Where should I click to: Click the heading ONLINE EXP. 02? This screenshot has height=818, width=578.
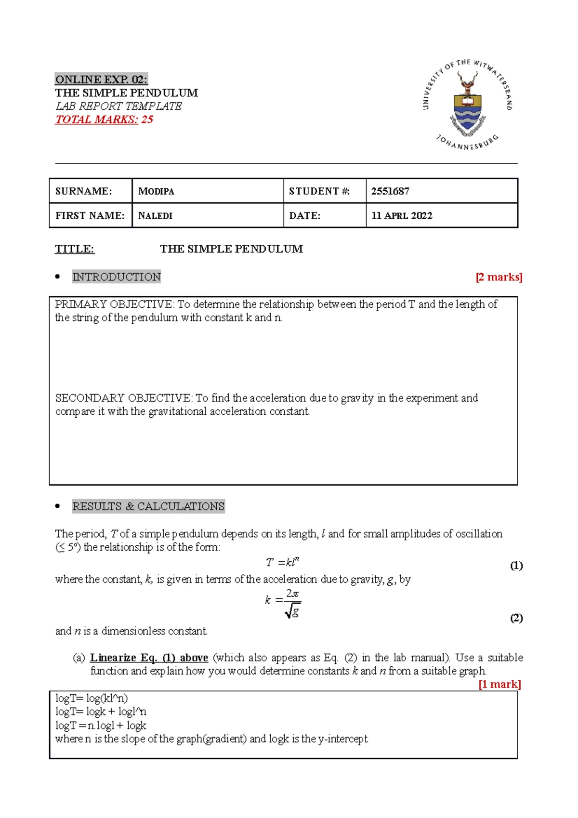(101, 79)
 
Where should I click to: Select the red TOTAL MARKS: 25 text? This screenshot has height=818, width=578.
(104, 119)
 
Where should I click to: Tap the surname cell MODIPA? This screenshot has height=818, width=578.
(156, 191)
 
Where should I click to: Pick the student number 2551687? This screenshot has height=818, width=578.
(390, 191)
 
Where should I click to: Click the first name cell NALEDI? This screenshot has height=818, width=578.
(155, 216)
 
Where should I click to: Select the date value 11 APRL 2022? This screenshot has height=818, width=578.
(402, 216)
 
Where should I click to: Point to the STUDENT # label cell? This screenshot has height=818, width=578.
(319, 191)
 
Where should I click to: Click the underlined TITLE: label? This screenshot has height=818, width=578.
(75, 249)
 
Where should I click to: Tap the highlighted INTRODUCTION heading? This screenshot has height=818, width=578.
(116, 277)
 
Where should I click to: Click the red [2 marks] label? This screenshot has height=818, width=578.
(499, 277)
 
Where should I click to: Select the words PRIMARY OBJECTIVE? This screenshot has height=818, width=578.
(114, 304)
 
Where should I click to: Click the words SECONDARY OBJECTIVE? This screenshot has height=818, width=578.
(123, 398)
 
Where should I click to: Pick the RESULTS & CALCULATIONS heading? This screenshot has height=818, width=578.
(148, 506)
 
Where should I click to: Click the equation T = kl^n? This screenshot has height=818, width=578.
(283, 562)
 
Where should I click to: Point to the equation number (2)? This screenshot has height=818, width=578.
(516, 618)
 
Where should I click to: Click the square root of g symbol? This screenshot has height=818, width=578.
(293, 611)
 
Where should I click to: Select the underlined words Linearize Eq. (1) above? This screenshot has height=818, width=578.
(149, 658)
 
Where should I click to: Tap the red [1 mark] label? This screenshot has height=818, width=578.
(499, 685)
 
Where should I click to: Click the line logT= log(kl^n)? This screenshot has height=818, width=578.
(92, 699)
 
